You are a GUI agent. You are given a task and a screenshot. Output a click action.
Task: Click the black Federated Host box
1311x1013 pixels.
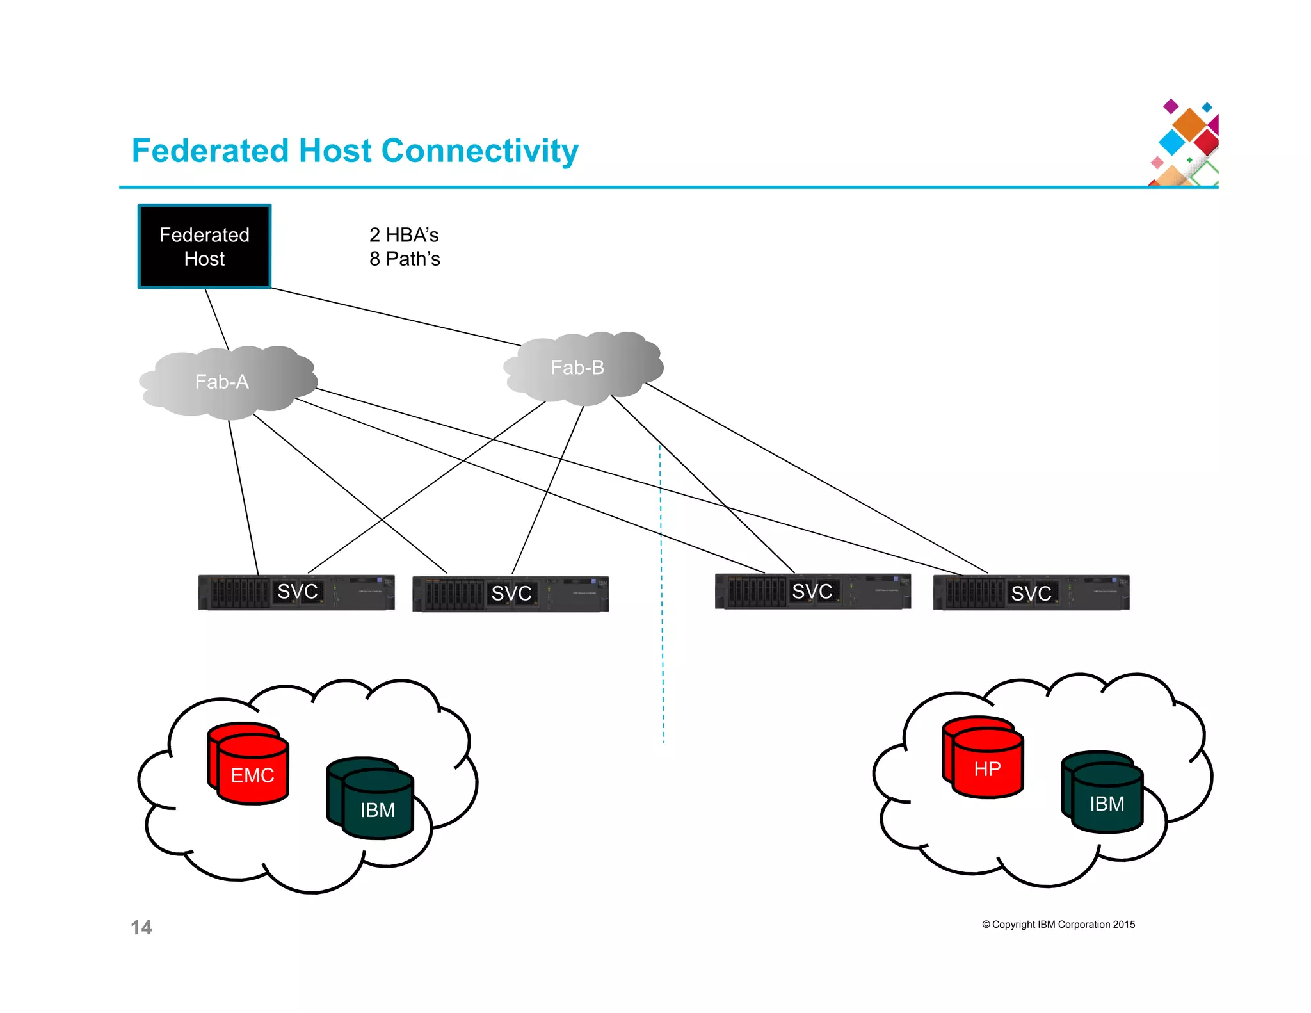[204, 247]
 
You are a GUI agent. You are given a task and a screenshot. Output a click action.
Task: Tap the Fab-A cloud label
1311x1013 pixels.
[221, 382]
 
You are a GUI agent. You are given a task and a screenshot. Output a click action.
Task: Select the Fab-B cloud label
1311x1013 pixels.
[577, 368]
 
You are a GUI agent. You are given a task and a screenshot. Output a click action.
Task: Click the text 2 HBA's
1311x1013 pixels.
[404, 235]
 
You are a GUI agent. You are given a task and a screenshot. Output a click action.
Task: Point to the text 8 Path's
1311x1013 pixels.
[405, 259]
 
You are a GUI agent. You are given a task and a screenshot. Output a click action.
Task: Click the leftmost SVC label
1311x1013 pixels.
[297, 591]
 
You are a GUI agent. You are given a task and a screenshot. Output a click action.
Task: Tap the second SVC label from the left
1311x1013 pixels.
[511, 593]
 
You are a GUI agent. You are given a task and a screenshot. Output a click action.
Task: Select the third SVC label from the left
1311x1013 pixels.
[812, 591]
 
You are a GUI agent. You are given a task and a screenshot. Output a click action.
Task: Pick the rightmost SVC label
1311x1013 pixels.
[1031, 593]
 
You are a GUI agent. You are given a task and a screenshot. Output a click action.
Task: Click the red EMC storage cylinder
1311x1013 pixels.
[252, 772]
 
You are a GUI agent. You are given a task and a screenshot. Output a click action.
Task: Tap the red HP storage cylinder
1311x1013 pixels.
[987, 765]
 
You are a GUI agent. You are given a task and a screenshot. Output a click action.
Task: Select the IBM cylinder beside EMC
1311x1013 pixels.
[377, 807]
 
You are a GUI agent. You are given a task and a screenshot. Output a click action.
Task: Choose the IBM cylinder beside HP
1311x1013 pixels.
[1106, 800]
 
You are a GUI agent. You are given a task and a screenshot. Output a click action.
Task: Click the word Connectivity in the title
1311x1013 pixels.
[479, 151]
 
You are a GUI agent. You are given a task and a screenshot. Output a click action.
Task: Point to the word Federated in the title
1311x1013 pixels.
[211, 151]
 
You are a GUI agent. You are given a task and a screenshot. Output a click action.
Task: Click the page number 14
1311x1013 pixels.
[141, 927]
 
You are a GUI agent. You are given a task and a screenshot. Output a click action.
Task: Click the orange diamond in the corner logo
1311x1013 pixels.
[1190, 124]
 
